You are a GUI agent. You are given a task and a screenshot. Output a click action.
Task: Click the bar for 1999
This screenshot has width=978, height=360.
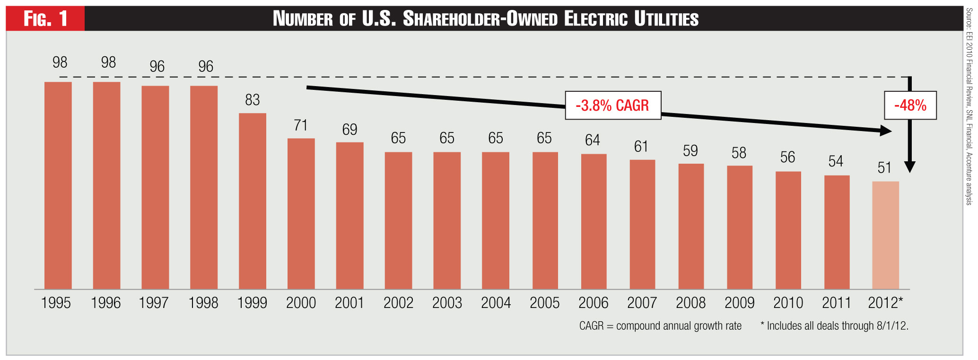252,201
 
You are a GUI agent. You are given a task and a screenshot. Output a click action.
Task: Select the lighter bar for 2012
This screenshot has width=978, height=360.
885,235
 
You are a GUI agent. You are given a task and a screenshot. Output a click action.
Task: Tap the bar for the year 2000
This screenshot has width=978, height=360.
301,213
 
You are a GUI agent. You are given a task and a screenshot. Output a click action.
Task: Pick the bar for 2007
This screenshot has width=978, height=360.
642,224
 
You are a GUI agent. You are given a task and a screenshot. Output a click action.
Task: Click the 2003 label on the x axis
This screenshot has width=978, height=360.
447,303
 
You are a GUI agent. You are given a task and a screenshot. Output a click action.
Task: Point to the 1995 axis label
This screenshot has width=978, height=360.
56,303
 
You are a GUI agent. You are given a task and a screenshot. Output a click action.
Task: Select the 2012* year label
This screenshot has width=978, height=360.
885,303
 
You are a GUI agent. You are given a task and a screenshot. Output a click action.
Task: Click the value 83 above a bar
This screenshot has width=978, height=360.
252,100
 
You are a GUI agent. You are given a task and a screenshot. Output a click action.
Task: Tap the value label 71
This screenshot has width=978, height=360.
301,125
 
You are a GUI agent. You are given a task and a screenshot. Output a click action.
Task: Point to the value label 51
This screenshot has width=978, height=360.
884,168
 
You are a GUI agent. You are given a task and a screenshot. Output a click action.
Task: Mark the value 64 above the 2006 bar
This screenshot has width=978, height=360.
592,140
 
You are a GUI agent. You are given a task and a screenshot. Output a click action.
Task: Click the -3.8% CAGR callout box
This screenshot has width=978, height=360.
613,105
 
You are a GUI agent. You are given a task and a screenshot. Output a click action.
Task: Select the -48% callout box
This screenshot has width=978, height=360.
910,105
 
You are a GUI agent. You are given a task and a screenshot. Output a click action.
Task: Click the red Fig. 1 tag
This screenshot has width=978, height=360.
45,19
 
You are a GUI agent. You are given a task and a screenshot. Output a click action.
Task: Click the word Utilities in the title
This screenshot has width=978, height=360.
666,19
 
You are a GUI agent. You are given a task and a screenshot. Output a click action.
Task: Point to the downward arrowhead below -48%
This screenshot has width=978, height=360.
910,167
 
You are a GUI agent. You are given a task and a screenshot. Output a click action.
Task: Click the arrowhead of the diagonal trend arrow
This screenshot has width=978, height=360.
886,131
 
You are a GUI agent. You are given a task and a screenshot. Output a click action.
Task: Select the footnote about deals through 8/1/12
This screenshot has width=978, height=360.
834,326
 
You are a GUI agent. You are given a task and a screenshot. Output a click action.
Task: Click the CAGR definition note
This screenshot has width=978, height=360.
660,326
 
